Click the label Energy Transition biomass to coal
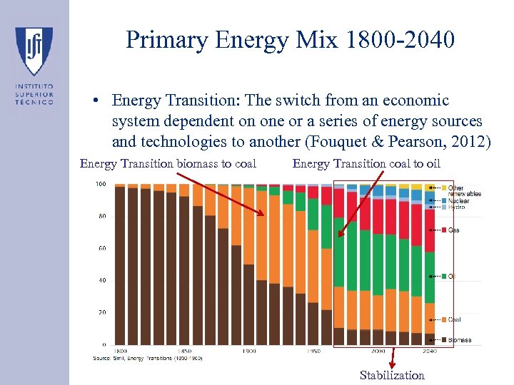(x=168, y=164)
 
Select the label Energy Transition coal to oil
(x=366, y=164)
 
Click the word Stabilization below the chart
(x=392, y=375)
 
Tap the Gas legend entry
(x=454, y=230)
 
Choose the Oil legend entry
(x=452, y=276)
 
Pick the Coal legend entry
(x=454, y=319)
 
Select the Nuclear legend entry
(x=458, y=201)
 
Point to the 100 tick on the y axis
(x=101, y=185)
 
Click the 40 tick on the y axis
(x=102, y=281)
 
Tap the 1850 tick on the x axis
(x=184, y=351)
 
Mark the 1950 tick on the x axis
(x=313, y=351)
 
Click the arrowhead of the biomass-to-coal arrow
(x=268, y=215)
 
